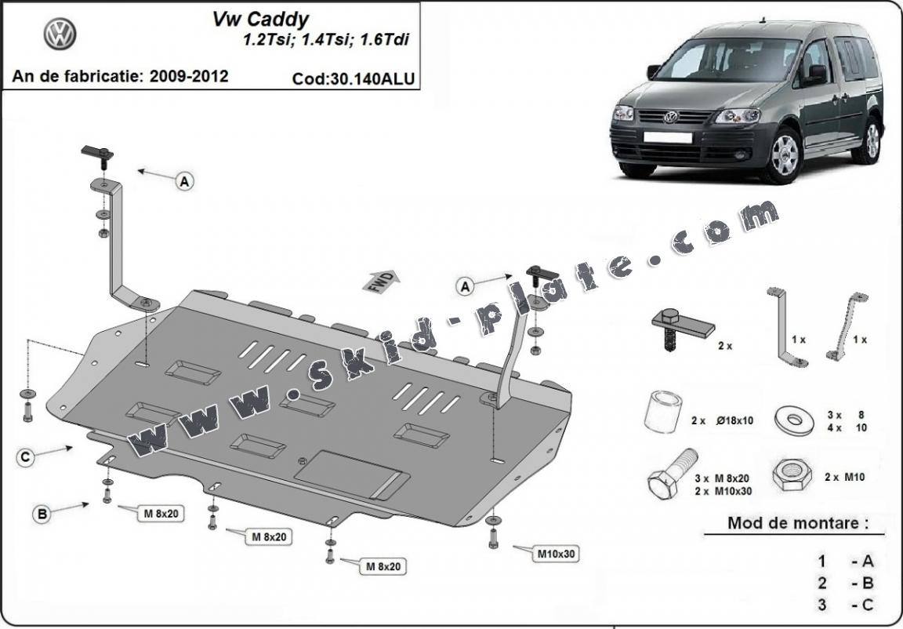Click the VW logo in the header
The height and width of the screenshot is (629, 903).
coord(60,35)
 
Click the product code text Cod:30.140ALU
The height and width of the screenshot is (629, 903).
coord(353,78)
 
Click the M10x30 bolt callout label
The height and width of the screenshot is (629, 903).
coord(556,554)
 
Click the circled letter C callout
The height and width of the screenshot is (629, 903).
coord(26,456)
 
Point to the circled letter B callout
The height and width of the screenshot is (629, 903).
coord(42,514)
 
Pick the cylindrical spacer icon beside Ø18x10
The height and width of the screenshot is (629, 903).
coord(661,410)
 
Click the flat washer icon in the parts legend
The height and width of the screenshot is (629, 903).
coord(792,418)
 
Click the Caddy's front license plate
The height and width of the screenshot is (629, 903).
coord(668,138)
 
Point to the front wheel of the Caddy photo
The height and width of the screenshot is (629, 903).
coord(781,155)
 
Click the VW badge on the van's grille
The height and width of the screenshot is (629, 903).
coord(670,117)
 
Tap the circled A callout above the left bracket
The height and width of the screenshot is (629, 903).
coord(185,182)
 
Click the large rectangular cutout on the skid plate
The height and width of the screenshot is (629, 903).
coord(351,473)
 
